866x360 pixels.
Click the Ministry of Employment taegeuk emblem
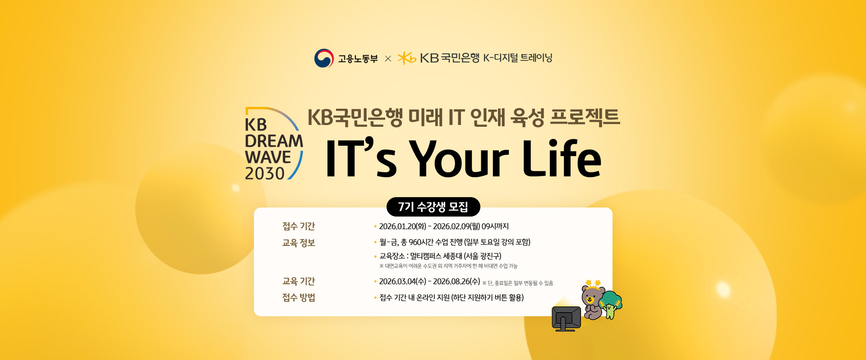point(324,58)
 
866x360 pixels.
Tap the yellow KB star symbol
point(406,58)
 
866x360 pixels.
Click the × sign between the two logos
point(388,59)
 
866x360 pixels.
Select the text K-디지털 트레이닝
point(518,58)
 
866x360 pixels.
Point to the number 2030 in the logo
point(265,173)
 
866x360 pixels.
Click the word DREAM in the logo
point(274,141)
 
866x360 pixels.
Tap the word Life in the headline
point(562,158)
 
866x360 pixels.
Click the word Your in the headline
point(459,158)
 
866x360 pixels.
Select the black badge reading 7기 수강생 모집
point(433,207)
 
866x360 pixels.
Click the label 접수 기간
point(299,226)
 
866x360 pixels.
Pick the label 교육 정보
point(299,243)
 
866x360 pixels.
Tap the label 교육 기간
point(299,281)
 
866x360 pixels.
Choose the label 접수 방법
point(299,297)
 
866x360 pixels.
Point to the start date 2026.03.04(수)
point(402,281)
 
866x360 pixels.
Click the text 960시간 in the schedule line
point(421,242)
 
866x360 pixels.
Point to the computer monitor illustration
point(566,318)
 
